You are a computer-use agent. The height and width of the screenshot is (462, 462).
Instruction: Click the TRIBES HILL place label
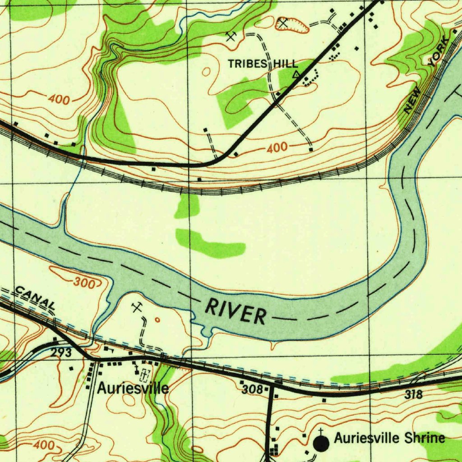click(263, 64)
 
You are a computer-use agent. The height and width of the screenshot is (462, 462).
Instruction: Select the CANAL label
click(35, 298)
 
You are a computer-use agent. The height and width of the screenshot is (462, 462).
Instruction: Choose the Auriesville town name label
click(133, 388)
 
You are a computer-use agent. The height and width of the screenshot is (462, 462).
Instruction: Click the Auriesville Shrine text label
click(389, 438)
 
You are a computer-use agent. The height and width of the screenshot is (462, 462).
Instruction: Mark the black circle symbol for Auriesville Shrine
click(321, 444)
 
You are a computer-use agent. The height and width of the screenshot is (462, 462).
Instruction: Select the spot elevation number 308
click(252, 389)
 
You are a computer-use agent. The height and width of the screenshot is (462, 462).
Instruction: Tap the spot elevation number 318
click(413, 395)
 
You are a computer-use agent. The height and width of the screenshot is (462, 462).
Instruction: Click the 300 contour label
click(84, 283)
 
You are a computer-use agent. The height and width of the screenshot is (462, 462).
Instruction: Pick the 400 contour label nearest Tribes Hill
click(277, 148)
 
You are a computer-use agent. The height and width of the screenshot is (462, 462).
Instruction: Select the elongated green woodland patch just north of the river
click(210, 244)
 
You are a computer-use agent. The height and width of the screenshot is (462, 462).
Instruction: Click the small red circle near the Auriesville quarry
click(157, 320)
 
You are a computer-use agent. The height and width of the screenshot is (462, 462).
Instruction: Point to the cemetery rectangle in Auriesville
click(145, 374)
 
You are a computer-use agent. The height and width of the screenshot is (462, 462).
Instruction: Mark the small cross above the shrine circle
click(320, 431)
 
